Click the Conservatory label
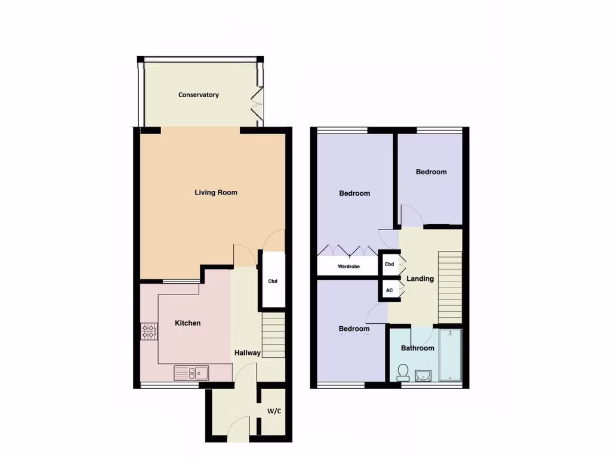point(199,95)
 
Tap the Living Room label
point(216,192)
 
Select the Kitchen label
point(187,323)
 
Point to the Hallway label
point(247,352)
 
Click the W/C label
point(274,411)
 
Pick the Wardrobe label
point(348,267)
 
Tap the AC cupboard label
point(390,290)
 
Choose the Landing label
point(420,278)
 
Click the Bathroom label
point(417,348)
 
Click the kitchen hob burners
point(149,332)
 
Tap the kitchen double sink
point(192,373)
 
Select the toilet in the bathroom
point(403,372)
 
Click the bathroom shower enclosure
point(450,355)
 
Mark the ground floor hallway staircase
point(274,337)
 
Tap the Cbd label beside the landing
point(390,264)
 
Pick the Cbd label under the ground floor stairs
point(273,281)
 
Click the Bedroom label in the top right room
point(431,172)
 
